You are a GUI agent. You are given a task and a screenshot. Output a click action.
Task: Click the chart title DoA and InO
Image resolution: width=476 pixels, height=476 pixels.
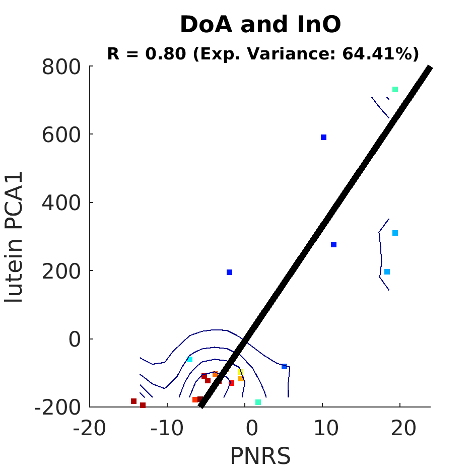pyautogui.click(x=260, y=24)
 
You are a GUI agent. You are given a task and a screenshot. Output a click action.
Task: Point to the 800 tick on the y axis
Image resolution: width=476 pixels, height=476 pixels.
pyautogui.click(x=61, y=67)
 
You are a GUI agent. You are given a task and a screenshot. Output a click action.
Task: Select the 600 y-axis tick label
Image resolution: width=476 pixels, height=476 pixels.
pyautogui.click(x=61, y=135)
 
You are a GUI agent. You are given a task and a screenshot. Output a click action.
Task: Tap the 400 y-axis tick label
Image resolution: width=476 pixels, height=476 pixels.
pyautogui.click(x=61, y=203)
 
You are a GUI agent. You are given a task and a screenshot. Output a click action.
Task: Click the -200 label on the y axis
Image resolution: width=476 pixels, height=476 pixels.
pyautogui.click(x=58, y=407)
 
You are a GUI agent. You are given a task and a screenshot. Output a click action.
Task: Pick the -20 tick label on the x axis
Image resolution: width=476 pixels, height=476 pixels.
pyautogui.click(x=90, y=428)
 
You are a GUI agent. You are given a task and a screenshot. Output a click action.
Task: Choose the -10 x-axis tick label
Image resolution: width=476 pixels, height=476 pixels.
pyautogui.click(x=167, y=428)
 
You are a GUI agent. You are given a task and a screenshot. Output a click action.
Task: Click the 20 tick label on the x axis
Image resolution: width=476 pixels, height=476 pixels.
pyautogui.click(x=403, y=428)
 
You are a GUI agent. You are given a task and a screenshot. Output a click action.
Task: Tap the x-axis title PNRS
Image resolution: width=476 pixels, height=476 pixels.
pyautogui.click(x=260, y=456)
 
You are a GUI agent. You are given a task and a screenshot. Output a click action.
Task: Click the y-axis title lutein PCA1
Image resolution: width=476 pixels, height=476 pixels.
pyautogui.click(x=14, y=237)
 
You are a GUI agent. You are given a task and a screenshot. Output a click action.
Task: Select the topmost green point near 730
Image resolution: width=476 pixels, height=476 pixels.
pyautogui.click(x=395, y=89)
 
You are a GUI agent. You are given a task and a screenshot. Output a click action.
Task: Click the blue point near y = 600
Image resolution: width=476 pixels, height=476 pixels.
pyautogui.click(x=323, y=137)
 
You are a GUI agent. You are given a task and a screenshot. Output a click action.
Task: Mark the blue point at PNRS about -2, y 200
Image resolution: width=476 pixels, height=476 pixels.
pyautogui.click(x=230, y=273)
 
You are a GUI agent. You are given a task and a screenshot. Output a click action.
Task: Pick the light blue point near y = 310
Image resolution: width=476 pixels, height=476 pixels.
pyautogui.click(x=395, y=233)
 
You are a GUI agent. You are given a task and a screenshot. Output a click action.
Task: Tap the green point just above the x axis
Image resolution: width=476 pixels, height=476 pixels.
pyautogui.click(x=258, y=402)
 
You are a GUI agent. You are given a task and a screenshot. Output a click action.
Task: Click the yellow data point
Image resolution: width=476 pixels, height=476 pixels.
pyautogui.click(x=240, y=372)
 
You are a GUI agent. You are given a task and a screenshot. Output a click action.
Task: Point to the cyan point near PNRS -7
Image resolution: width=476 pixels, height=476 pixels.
pyautogui.click(x=190, y=360)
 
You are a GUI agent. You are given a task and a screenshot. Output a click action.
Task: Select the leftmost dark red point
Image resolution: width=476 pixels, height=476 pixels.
pyautogui.click(x=133, y=401)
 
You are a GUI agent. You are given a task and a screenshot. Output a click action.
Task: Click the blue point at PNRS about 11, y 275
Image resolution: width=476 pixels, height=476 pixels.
pyautogui.click(x=333, y=244)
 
